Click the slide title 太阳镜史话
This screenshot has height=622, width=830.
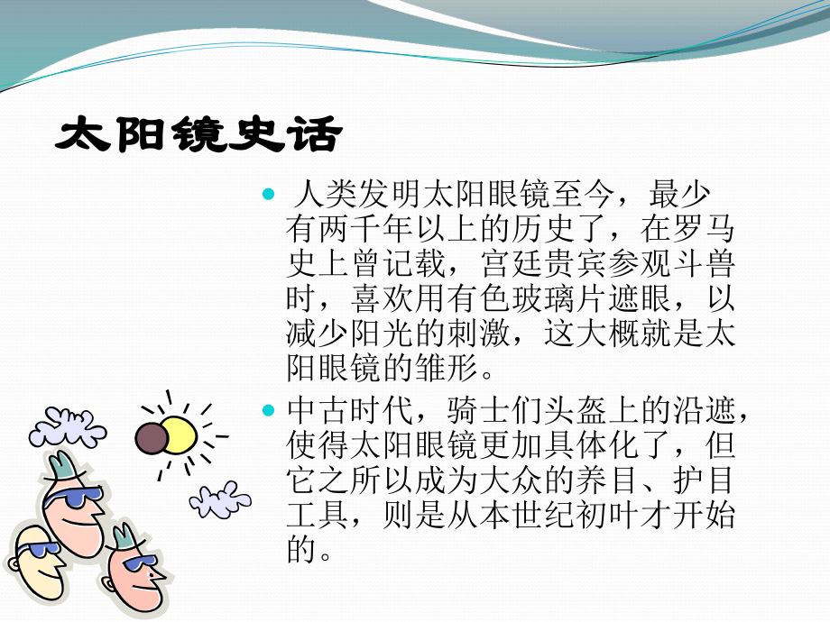coord(199,135)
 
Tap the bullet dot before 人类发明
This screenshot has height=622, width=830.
coord(267,196)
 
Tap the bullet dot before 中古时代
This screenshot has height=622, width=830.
coord(267,411)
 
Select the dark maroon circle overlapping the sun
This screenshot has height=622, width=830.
coord(152,438)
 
